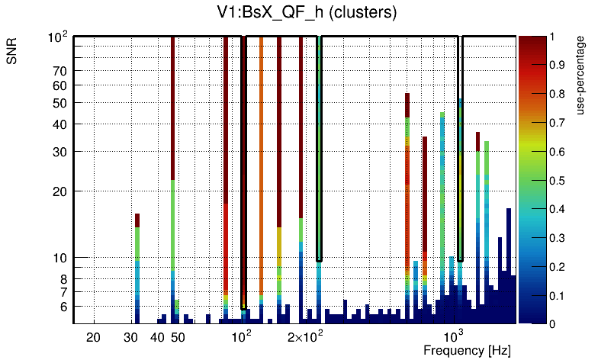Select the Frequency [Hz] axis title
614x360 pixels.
point(467,350)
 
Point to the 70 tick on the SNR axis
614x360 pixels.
point(60,71)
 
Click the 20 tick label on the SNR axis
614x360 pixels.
point(60,191)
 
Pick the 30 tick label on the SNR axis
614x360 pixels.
point(60,152)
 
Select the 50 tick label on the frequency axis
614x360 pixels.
point(178,337)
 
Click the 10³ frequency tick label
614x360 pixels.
point(455,336)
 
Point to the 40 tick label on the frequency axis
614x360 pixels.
point(157,337)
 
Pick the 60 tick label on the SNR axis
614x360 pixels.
point(60,85)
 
